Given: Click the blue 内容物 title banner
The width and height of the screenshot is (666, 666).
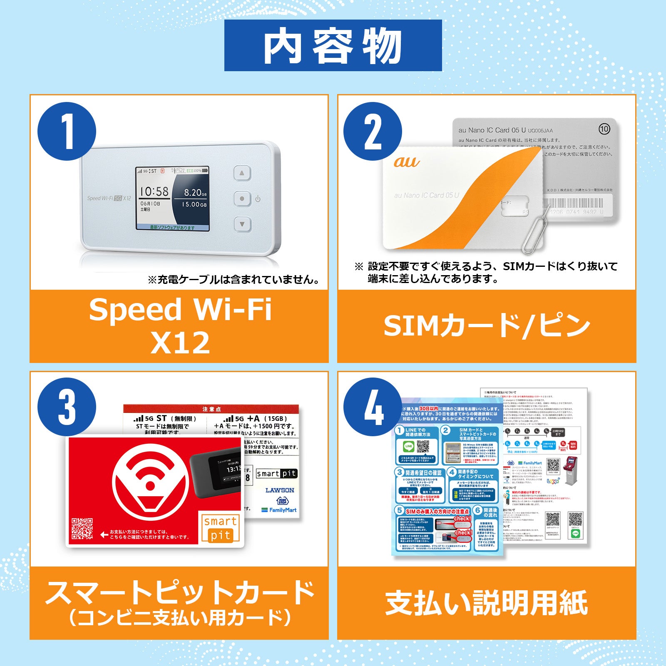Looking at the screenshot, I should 333,45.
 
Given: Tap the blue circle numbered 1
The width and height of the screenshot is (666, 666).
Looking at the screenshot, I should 67,132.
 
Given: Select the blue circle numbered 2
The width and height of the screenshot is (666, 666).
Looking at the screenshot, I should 373,132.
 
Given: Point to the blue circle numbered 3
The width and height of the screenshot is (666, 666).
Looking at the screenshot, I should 67,407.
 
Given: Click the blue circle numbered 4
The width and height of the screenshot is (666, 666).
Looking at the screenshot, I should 373,407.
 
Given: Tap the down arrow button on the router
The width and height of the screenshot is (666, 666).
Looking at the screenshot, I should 242,224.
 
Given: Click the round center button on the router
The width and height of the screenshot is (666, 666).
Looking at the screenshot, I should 242,199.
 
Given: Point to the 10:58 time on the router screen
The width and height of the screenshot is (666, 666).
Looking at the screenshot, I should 154,191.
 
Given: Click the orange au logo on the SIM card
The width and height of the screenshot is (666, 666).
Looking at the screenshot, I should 406,162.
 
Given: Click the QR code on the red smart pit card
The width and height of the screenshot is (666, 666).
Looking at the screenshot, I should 82,529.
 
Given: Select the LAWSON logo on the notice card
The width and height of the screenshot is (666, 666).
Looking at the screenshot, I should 280,490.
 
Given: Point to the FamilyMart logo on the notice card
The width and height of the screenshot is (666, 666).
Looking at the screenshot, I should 279,510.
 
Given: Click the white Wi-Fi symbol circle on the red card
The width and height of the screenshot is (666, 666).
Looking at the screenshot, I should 150,485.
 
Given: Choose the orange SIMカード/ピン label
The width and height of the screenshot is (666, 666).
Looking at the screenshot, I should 487,326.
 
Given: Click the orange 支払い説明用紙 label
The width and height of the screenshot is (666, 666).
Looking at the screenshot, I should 487,603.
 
